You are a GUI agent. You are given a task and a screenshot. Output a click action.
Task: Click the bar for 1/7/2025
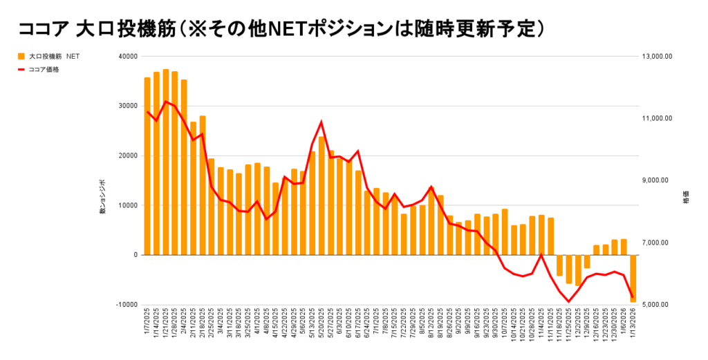147,166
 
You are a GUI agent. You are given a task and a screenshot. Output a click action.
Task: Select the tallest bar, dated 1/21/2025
165,162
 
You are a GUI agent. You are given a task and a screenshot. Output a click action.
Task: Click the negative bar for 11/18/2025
559,265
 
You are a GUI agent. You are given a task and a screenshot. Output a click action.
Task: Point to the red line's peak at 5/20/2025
322,122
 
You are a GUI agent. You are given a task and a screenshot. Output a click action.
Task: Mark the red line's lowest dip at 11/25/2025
568,302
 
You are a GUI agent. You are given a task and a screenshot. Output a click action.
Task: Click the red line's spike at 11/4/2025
541,256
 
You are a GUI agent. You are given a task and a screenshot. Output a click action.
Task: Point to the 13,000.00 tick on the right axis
657,57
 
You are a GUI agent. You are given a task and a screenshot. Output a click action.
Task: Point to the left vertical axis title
102,197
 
